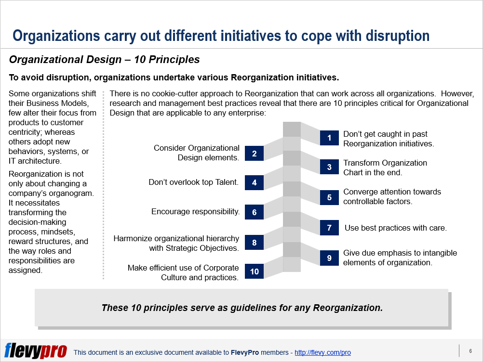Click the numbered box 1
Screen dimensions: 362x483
pos(329,139)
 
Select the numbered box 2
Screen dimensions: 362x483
pos(254,154)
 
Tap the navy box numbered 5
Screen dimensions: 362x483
pos(329,197)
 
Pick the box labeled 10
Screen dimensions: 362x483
pos(254,271)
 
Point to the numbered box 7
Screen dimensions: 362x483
pos(329,228)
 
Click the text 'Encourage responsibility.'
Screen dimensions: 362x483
pos(195,212)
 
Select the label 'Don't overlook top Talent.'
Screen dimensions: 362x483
pos(194,182)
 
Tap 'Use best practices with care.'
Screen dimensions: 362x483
pos(395,228)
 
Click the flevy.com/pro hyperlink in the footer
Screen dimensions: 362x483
pos(322,352)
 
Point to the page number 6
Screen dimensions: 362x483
pos(470,351)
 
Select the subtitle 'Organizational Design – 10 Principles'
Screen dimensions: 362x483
pos(104,60)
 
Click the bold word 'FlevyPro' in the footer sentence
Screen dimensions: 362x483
pos(245,352)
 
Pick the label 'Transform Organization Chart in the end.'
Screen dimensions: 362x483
pos(385,168)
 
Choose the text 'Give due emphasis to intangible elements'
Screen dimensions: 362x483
pos(400,258)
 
